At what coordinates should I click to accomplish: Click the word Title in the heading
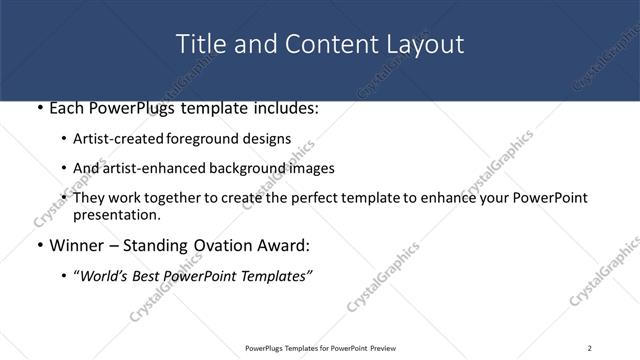click(199, 44)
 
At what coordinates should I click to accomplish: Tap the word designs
click(269, 139)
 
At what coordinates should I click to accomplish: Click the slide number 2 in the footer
click(590, 348)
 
